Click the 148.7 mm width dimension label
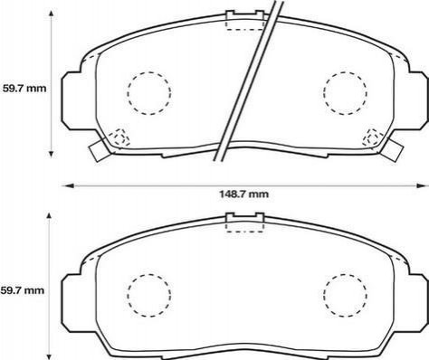point(243,194)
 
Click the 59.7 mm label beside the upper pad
point(24,89)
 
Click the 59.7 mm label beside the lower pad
point(23,290)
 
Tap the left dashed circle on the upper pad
point(149,93)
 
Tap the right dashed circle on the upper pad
point(345,93)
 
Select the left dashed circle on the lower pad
point(149,295)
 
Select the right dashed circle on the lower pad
point(345,295)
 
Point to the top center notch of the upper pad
point(245,15)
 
